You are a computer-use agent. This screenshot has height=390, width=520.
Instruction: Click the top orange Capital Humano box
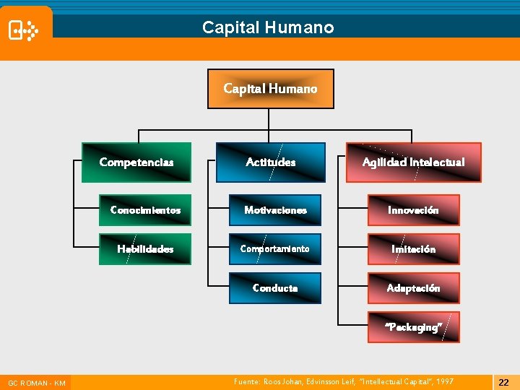(x=271, y=89)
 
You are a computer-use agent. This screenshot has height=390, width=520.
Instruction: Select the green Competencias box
(x=136, y=162)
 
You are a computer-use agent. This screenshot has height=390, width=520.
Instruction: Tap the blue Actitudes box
(x=271, y=162)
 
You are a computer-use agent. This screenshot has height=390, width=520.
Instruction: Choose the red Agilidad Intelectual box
(x=413, y=162)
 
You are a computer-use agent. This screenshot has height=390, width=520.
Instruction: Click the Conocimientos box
(x=145, y=210)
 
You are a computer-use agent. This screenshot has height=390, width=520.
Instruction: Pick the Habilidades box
(x=145, y=249)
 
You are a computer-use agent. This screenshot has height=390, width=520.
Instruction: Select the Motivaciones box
(x=275, y=210)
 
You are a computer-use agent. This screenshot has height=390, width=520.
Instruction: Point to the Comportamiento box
(x=275, y=249)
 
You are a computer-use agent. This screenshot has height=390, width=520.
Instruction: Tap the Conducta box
(x=275, y=288)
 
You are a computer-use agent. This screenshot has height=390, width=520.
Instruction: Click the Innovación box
(x=414, y=210)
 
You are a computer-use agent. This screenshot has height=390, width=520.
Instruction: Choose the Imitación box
(x=414, y=249)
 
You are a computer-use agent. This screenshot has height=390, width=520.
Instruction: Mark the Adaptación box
(x=414, y=288)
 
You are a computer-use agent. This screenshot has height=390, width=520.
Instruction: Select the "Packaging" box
(x=414, y=327)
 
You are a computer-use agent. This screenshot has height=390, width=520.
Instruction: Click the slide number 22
(x=504, y=382)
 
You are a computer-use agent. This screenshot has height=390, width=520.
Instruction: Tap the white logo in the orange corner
(x=22, y=30)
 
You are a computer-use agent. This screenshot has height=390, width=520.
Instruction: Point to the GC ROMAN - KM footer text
(x=37, y=383)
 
